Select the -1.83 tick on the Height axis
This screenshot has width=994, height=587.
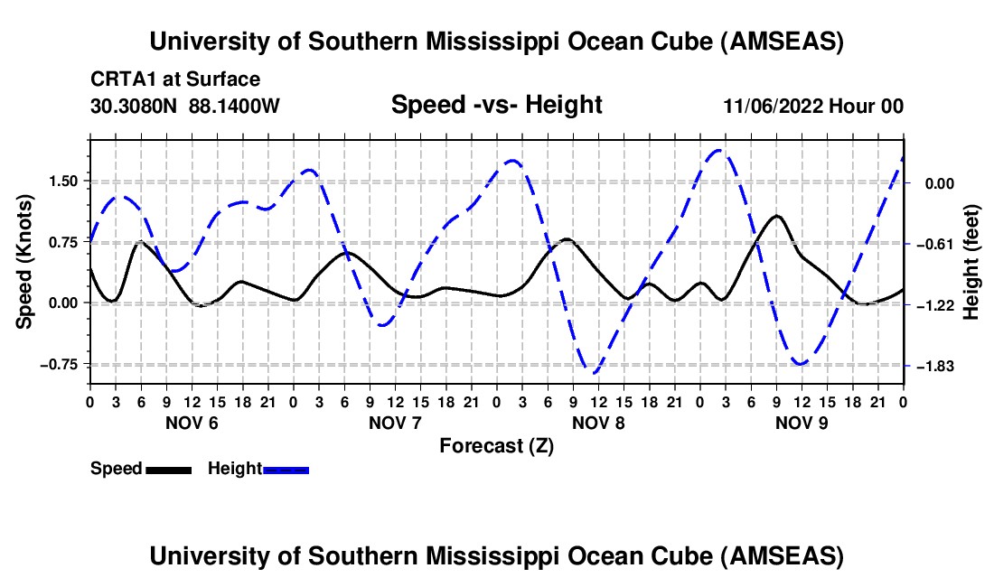click(x=934, y=366)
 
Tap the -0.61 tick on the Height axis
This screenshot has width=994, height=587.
click(x=934, y=244)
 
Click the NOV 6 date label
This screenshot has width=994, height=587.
click(x=192, y=423)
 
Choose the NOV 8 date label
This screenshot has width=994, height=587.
click(x=599, y=423)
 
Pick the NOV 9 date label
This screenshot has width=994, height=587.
click(x=802, y=423)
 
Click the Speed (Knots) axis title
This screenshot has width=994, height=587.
click(x=26, y=262)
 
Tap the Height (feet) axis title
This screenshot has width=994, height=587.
click(x=972, y=262)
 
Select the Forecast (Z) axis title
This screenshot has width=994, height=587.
click(x=496, y=445)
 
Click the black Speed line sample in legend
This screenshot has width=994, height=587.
click(x=169, y=469)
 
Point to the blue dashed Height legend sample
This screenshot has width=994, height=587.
click(x=286, y=469)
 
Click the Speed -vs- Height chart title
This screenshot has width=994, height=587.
click(x=496, y=105)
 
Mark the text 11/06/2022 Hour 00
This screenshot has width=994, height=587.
click(x=813, y=107)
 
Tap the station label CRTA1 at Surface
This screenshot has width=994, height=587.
click(x=175, y=80)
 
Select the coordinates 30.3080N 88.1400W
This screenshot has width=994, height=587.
click(x=185, y=107)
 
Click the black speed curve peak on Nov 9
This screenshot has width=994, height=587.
click(x=776, y=216)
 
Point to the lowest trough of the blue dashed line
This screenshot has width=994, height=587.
click(x=593, y=372)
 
